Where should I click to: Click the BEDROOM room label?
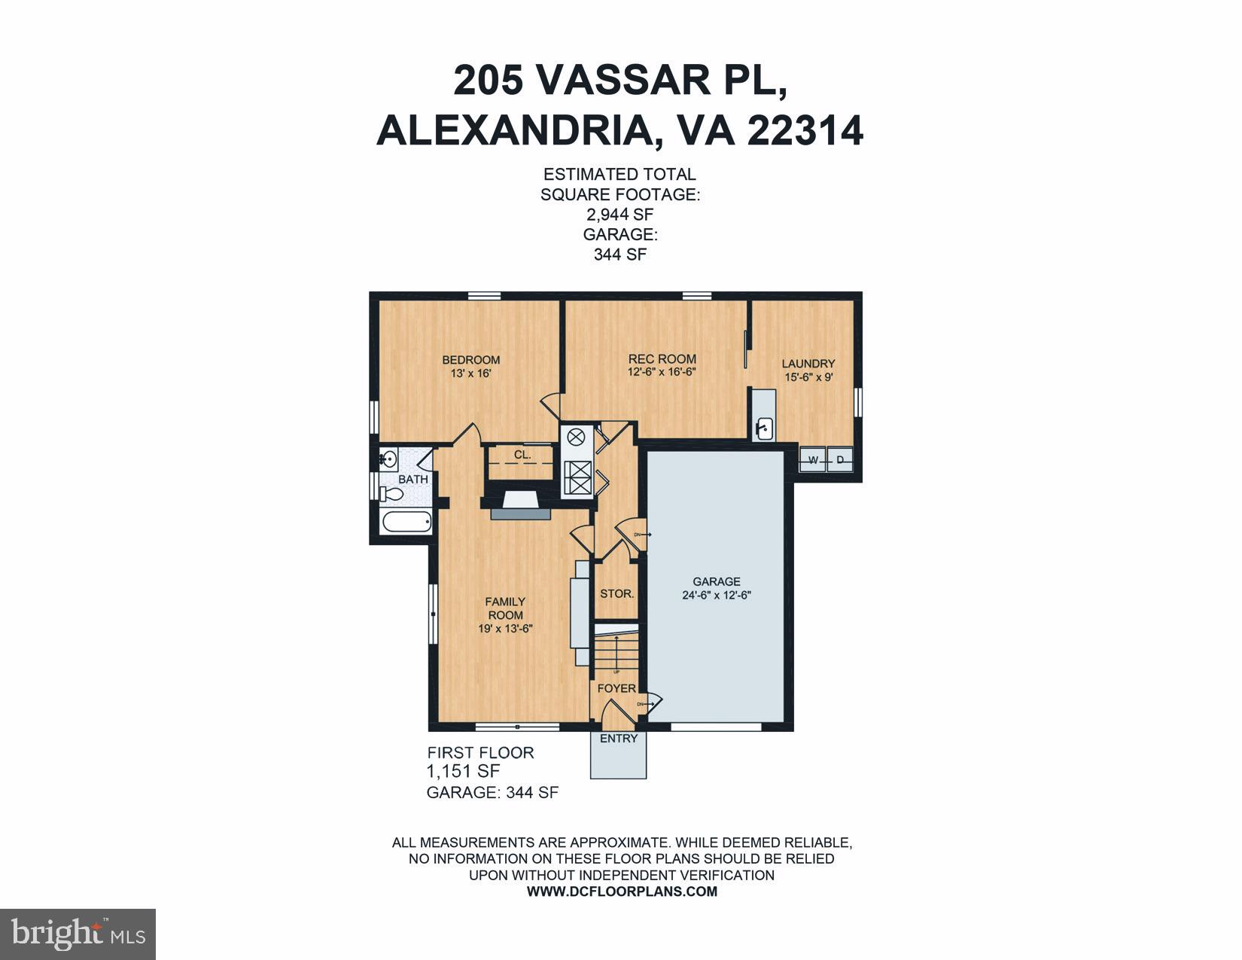(x=470, y=360)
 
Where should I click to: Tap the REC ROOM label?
(x=662, y=359)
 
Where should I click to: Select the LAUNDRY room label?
(x=808, y=363)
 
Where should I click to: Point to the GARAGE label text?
(x=717, y=581)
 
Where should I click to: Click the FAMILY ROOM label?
(x=505, y=608)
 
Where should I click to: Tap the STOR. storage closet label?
(x=616, y=593)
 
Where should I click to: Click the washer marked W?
(x=812, y=459)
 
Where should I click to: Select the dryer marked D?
(x=839, y=459)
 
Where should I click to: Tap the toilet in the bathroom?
(x=393, y=494)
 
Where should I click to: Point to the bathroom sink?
(x=388, y=457)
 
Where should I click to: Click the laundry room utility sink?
(x=764, y=428)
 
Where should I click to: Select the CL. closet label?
(x=522, y=455)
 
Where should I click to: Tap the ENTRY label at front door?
(x=618, y=739)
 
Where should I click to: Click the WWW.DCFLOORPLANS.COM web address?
(x=622, y=891)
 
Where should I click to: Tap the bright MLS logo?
(x=78, y=934)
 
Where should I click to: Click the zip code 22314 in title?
(x=805, y=130)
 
